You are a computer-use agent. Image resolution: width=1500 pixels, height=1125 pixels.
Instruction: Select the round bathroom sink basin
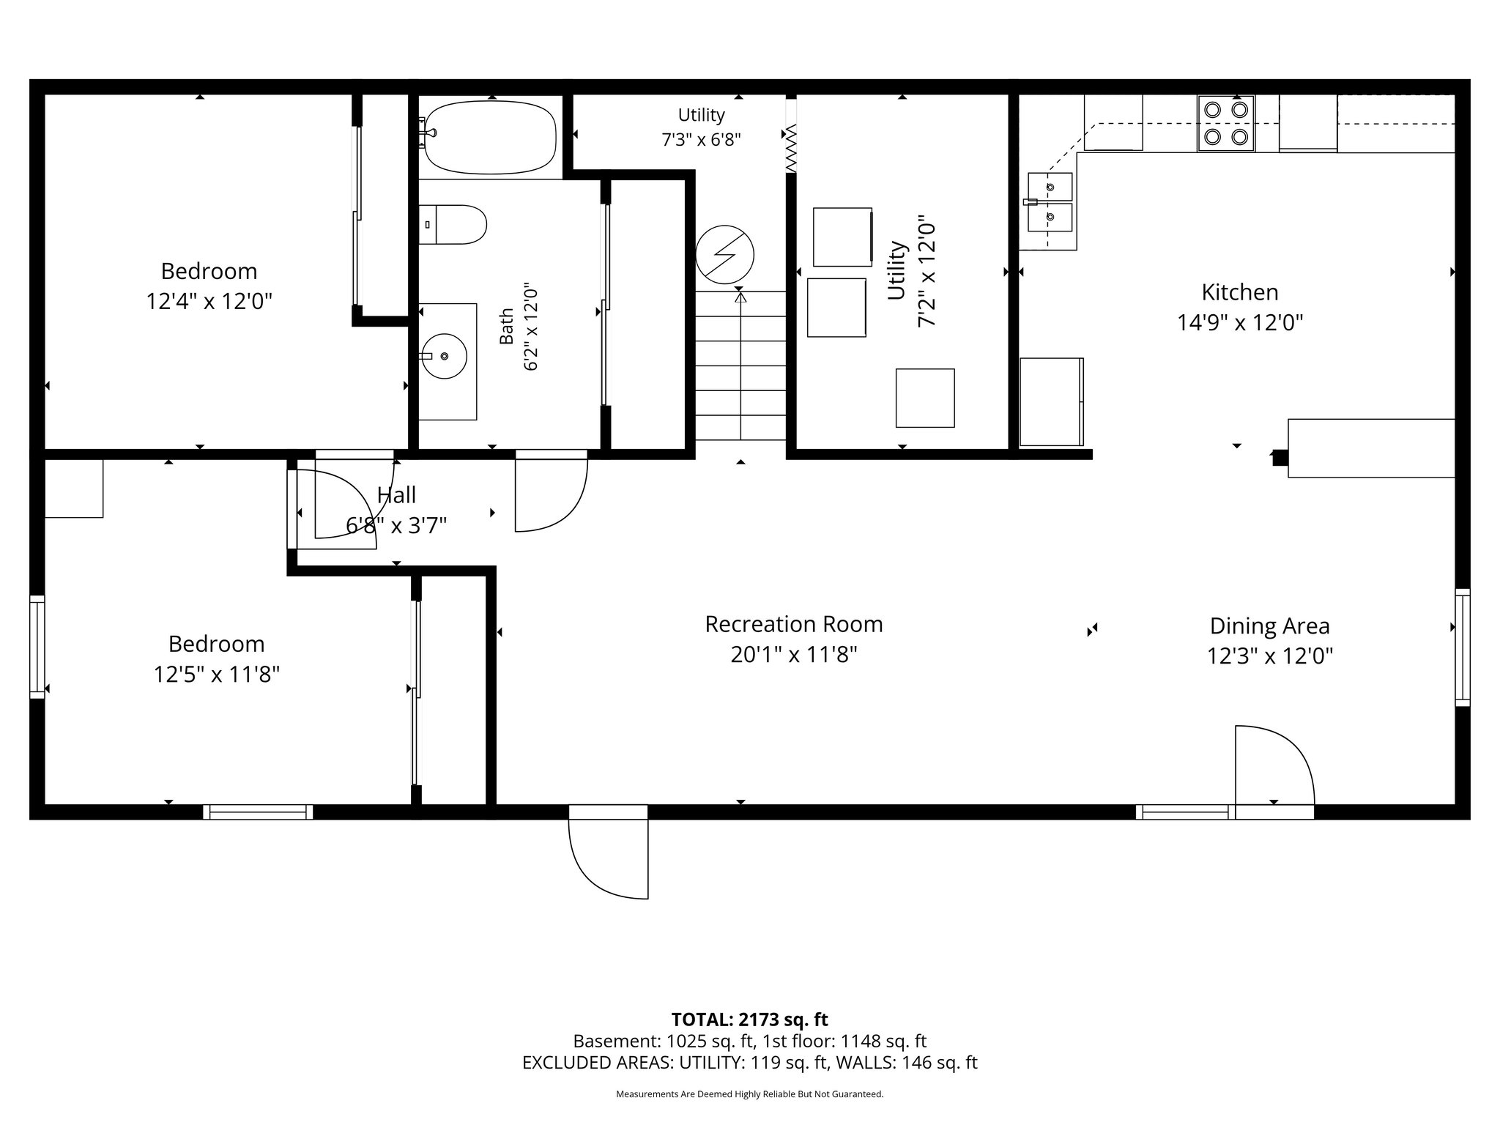[445, 356]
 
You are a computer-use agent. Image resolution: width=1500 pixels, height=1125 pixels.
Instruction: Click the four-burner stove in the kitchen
[1226, 123]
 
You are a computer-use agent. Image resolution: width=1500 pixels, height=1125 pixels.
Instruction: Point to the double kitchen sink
[1050, 201]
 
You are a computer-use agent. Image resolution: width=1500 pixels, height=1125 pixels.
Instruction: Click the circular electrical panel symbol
[724, 255]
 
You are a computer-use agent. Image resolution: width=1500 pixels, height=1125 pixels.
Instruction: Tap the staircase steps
[740, 365]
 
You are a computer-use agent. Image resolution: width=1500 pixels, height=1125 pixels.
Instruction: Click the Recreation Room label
[794, 624]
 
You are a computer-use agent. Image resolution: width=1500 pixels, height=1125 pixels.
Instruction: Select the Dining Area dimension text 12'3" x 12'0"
[1270, 656]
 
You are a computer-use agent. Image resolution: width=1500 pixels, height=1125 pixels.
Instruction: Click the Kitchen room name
[1240, 292]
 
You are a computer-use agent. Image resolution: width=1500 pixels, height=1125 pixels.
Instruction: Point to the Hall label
[396, 495]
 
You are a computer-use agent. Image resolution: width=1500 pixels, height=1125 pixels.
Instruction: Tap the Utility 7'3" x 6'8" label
[702, 127]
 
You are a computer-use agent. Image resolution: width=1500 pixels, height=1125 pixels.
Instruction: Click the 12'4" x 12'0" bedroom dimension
[209, 302]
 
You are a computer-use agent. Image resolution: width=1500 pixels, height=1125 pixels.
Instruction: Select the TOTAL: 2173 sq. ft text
[749, 1020]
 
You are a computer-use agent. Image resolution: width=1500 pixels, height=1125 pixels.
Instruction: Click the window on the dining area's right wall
[1462, 647]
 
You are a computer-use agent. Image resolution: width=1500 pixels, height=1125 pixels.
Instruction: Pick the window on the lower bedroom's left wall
[37, 647]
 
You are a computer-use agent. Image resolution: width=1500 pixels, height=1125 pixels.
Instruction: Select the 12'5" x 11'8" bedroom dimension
[217, 675]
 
